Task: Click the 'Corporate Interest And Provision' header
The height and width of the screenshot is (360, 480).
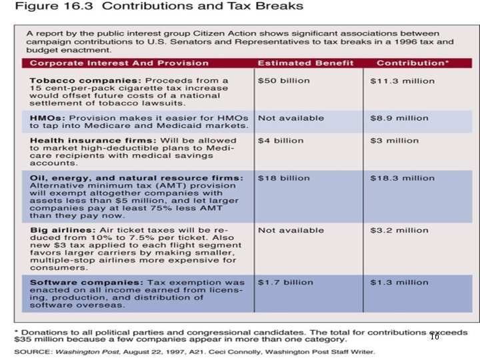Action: tap(119, 63)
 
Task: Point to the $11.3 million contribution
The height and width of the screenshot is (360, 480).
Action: tap(403, 81)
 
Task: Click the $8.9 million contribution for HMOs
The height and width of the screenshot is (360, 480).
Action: tap(400, 118)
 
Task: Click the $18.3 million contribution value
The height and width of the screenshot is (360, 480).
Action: tap(403, 178)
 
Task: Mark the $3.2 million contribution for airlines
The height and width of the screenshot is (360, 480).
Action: tap(400, 230)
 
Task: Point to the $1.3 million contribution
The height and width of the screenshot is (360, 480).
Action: tap(400, 282)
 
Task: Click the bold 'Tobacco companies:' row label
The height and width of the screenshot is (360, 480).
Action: tap(70, 81)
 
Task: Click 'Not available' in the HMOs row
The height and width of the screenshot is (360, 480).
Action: tap(291, 118)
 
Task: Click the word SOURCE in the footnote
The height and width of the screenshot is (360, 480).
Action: tap(34, 352)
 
